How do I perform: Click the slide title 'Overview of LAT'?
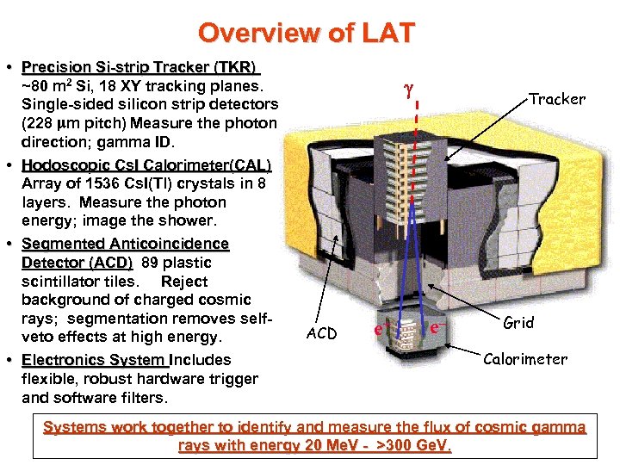(x=307, y=33)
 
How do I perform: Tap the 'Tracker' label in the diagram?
(x=557, y=99)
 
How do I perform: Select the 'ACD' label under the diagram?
(x=321, y=333)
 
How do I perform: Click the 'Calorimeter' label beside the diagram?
(x=525, y=359)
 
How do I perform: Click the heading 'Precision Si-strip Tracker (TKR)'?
(x=140, y=67)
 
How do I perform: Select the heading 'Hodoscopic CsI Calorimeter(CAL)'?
(x=146, y=164)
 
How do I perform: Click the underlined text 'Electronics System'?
(x=94, y=359)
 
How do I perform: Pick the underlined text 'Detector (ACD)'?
(x=77, y=262)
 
